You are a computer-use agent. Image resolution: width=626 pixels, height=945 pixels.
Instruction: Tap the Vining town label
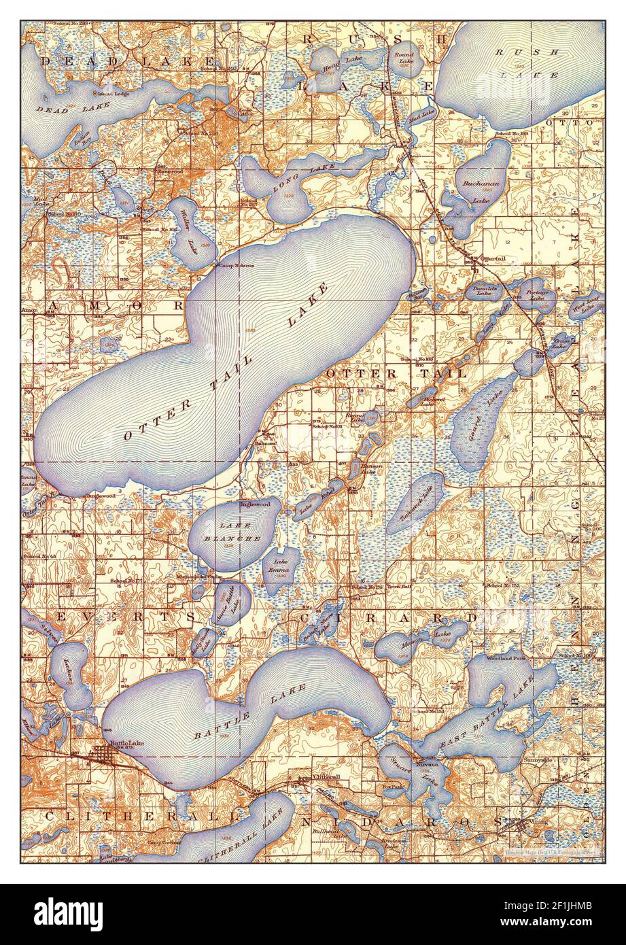[x=536, y=822]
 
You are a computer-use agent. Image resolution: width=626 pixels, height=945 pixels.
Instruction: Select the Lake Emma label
[x=281, y=566]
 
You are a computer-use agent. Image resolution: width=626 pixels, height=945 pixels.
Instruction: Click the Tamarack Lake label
[x=417, y=504]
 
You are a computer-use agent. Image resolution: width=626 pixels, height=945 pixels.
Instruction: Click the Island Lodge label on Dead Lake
[x=112, y=94]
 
